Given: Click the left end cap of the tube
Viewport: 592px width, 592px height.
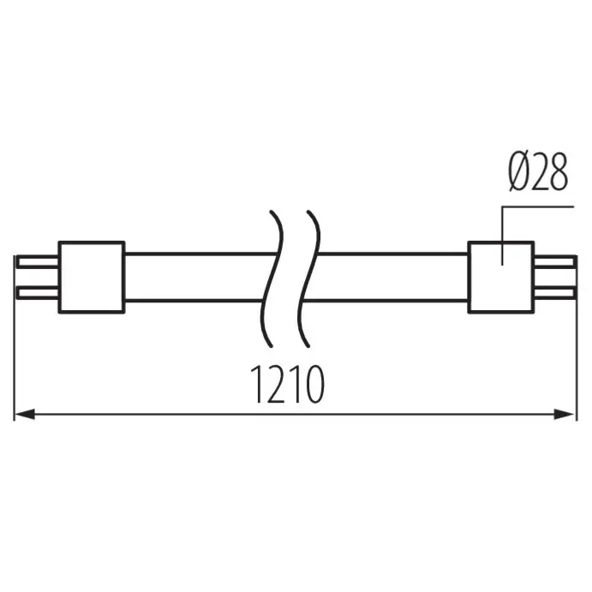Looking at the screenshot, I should (x=91, y=277).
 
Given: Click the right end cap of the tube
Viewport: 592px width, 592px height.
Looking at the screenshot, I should (x=501, y=277).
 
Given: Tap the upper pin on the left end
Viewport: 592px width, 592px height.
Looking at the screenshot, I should (x=38, y=261).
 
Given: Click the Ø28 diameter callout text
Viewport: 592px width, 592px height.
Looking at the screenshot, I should (x=537, y=173).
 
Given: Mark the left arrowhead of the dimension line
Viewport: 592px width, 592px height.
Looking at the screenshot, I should (x=24, y=415).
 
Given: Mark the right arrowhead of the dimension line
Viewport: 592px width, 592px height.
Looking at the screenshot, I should (x=566, y=415).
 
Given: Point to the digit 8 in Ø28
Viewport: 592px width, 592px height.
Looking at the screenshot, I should (x=557, y=173).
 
